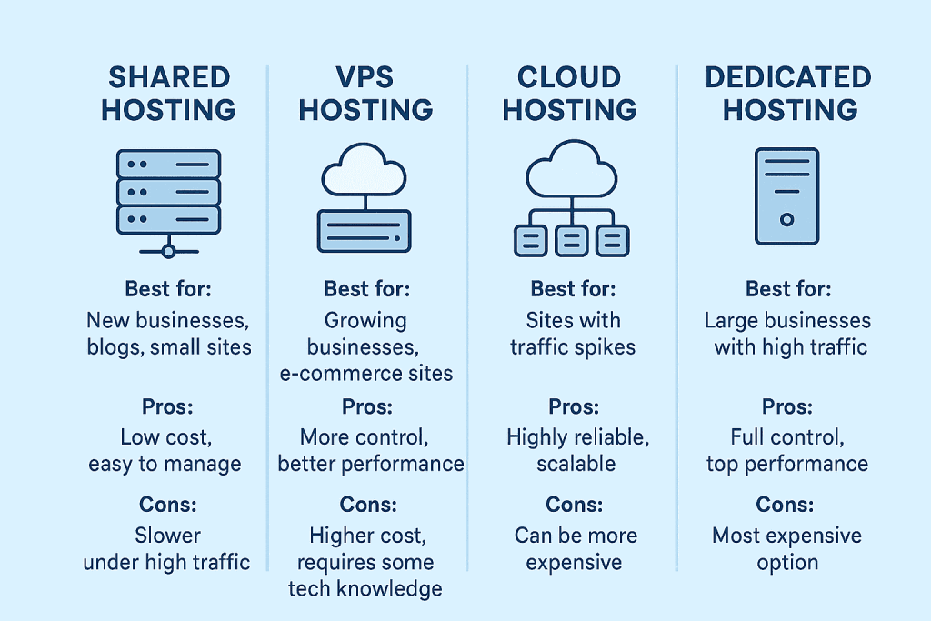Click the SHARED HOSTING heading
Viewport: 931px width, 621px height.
168,94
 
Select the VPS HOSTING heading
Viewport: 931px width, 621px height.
365,94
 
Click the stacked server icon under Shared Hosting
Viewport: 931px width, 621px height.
168,192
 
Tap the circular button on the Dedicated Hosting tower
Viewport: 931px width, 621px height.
787,219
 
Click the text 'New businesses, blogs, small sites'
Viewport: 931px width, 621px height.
168,334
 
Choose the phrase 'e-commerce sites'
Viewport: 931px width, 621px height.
366,373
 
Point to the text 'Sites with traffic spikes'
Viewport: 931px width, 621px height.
573,334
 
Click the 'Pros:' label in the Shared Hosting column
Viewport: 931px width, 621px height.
168,406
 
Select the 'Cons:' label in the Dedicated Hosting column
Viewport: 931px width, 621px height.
787,505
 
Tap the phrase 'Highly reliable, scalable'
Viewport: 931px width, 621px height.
576,450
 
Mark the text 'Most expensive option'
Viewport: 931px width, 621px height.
787,548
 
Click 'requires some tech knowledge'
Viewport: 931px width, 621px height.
365,575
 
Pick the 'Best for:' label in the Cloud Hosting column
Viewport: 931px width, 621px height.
573,289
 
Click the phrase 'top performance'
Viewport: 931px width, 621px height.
787,464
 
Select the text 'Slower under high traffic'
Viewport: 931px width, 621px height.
167,548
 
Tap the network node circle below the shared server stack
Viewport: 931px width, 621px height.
167,249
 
